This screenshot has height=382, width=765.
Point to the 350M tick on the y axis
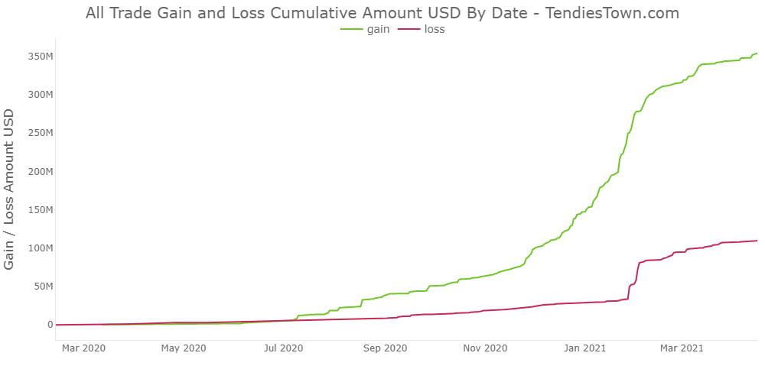(x=38, y=57)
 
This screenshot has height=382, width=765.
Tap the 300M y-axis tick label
(x=38, y=95)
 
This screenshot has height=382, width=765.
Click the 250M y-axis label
(x=38, y=133)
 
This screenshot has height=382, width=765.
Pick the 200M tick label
(x=38, y=171)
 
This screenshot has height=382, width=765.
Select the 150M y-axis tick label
(x=38, y=209)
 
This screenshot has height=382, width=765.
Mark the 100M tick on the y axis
(x=38, y=248)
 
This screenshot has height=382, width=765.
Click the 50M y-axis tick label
(x=41, y=286)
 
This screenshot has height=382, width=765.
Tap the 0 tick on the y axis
(x=50, y=325)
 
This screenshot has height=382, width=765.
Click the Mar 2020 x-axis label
(x=83, y=348)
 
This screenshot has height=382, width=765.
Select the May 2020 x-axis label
(x=183, y=348)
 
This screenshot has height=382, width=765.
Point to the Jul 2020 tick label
(x=283, y=348)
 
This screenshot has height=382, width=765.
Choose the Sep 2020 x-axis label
(x=385, y=348)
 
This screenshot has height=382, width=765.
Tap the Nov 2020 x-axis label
(x=485, y=348)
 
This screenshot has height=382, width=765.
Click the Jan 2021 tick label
(x=585, y=348)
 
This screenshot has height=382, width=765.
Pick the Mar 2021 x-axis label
(x=682, y=348)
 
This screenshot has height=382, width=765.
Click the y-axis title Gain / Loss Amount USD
(x=10, y=189)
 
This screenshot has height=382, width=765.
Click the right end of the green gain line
(x=756, y=53)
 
